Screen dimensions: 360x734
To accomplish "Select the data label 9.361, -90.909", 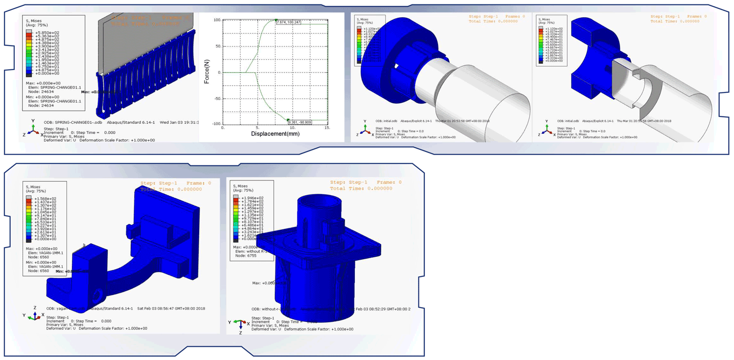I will pos(299,121).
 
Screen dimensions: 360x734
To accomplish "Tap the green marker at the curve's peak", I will pos(276,20).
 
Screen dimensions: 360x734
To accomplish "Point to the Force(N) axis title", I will pos(207,72).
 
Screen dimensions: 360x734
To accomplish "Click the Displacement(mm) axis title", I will pos(275,134).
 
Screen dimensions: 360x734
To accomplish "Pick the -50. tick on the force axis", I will pos(216,99).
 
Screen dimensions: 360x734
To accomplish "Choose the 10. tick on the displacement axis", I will pos(293,128).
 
